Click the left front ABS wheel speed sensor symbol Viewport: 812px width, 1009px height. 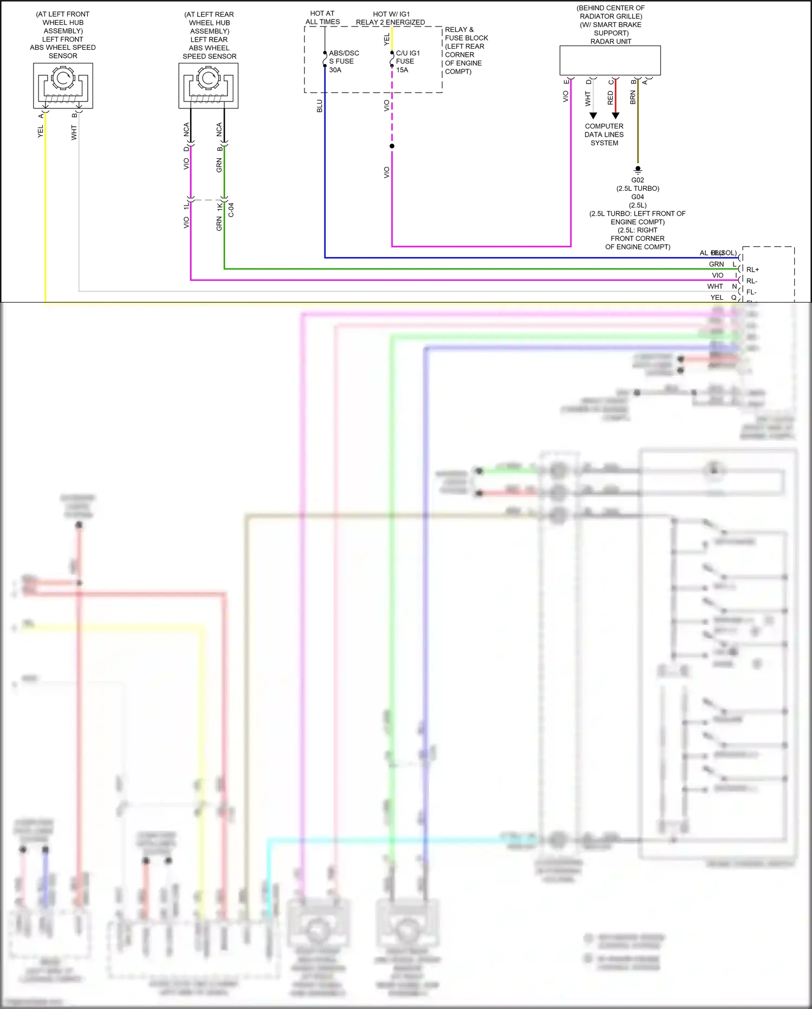point(63,86)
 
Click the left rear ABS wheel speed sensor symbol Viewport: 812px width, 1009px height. point(209,86)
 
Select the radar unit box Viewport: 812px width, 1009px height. point(610,60)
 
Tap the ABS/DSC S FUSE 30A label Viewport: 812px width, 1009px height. point(343,61)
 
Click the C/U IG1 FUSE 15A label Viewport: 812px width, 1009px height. point(407,61)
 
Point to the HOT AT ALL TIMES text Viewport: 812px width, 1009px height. point(322,17)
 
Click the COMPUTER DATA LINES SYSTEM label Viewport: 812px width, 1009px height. point(604,134)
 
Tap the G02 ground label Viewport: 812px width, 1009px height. point(638,180)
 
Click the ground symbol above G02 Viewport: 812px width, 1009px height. point(638,169)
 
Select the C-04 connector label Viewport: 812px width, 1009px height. point(231,210)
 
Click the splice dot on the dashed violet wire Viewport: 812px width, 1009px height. point(392,146)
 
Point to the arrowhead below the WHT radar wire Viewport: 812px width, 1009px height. point(593,115)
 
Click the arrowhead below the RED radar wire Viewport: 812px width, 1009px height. point(615,115)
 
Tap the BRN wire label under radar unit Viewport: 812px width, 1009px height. point(633,98)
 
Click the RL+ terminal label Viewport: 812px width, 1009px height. point(752,269)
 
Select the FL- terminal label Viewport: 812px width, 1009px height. point(751,292)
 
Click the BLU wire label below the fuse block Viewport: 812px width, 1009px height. point(320,106)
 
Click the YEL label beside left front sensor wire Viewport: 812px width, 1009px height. point(40,131)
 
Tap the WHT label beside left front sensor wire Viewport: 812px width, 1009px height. point(74,133)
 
